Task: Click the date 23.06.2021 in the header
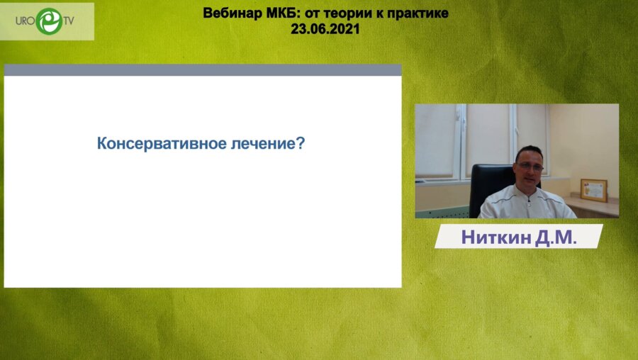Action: [x=325, y=29]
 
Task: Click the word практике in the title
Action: [x=419, y=13]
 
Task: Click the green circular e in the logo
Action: [x=49, y=21]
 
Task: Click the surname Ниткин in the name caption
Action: [x=494, y=237]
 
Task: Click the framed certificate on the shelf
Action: [x=593, y=190]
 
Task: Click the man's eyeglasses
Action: [x=530, y=167]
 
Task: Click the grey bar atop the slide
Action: [x=203, y=69]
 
